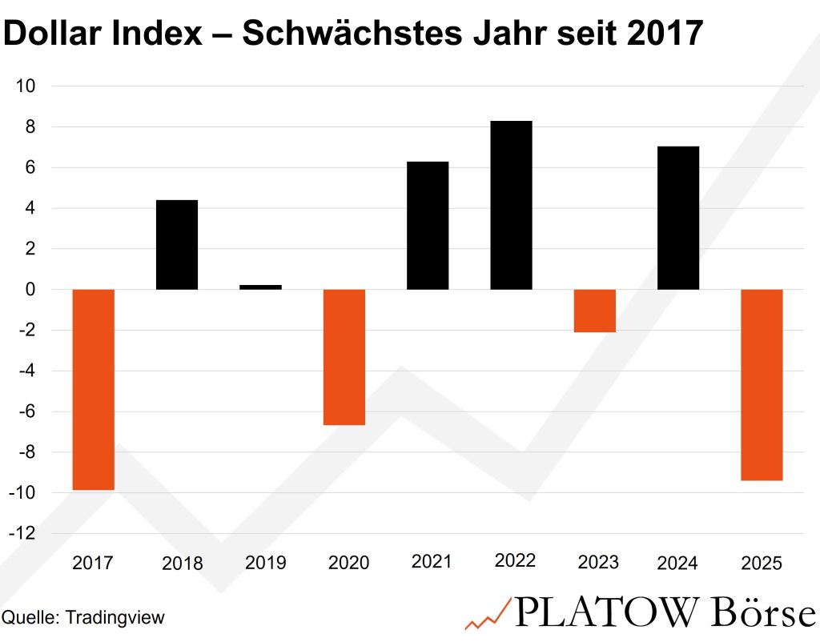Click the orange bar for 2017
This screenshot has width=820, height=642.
pyautogui.click(x=93, y=389)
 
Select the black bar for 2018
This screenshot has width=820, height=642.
pyautogui.click(x=176, y=244)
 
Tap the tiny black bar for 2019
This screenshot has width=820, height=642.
pyautogui.click(x=260, y=287)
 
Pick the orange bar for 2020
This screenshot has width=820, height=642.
pyautogui.click(x=344, y=357)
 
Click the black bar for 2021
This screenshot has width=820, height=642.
pyautogui.click(x=428, y=225)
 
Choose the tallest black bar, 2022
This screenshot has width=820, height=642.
pyautogui.click(x=511, y=205)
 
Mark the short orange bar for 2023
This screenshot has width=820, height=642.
pyautogui.click(x=595, y=311)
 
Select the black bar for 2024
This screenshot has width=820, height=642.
pyautogui.click(x=678, y=218)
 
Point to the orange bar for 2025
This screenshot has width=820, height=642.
pyautogui.click(x=762, y=384)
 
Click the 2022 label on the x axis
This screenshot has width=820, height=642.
pyautogui.click(x=515, y=561)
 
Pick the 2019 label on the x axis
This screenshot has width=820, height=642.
pyautogui.click(x=265, y=563)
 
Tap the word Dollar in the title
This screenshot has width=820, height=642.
pyautogui.click(x=55, y=34)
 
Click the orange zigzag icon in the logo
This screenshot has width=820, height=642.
pyautogui.click(x=486, y=614)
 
